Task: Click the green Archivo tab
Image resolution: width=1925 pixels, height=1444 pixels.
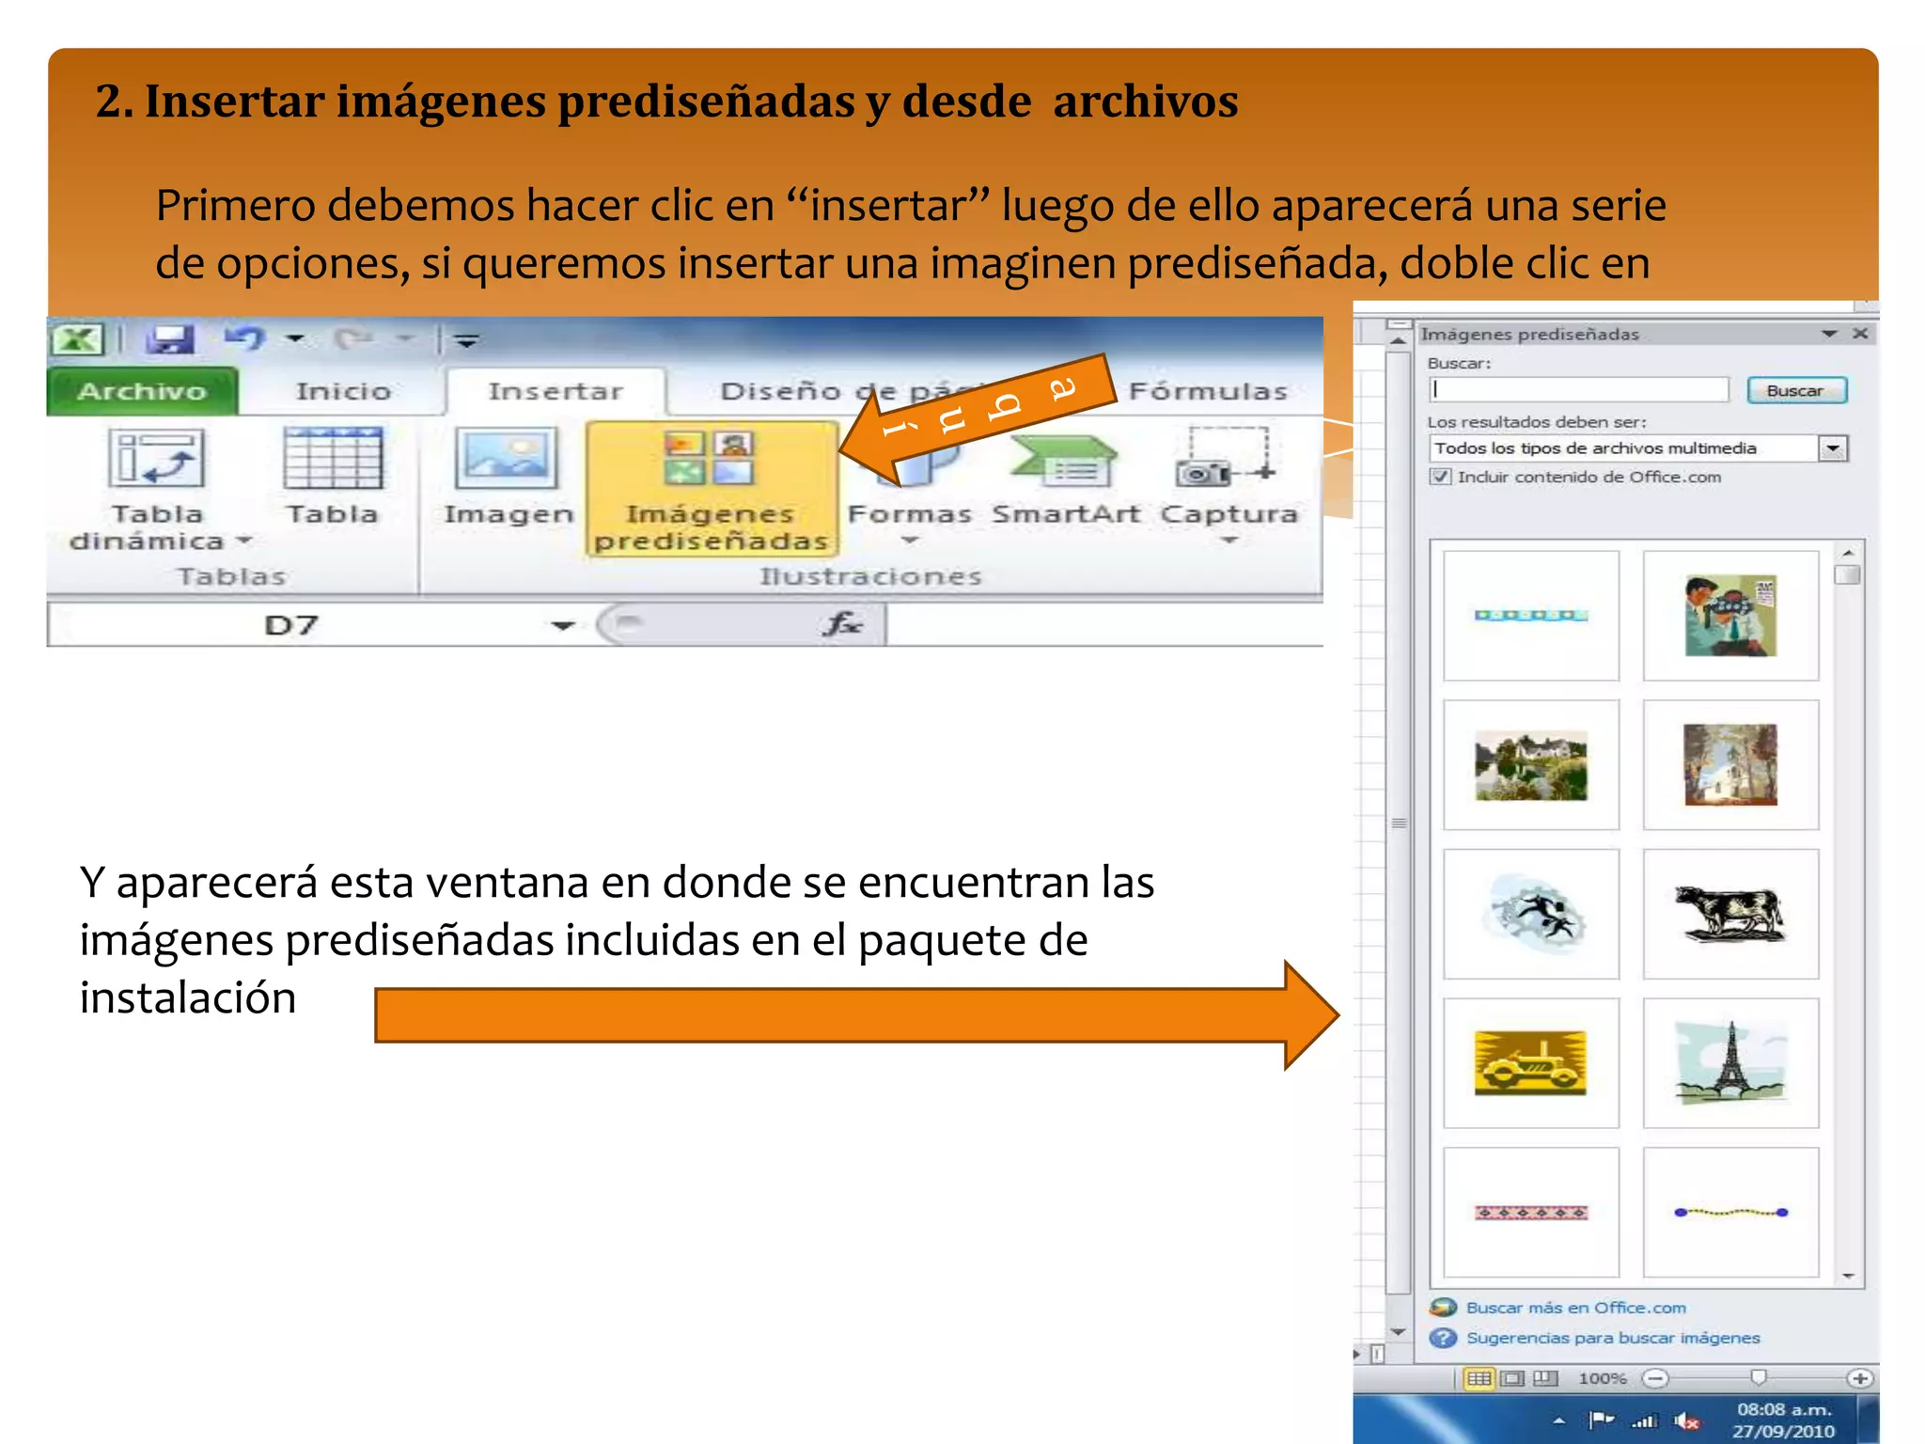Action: pyautogui.click(x=142, y=391)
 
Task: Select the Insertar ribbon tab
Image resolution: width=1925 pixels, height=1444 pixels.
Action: pyautogui.click(x=555, y=391)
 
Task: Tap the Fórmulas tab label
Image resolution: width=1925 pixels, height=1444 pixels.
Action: pyautogui.click(x=1208, y=391)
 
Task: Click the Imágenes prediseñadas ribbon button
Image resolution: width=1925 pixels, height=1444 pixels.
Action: pyautogui.click(x=711, y=489)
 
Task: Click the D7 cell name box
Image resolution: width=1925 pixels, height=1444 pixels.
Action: pyautogui.click(x=291, y=625)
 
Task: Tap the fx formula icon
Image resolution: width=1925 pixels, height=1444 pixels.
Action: pyautogui.click(x=841, y=623)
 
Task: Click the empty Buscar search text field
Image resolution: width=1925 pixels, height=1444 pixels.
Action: pyautogui.click(x=1579, y=390)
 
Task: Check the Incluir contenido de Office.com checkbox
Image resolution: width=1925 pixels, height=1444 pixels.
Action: pyautogui.click(x=1440, y=477)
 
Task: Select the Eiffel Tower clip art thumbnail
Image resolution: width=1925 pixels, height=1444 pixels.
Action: pyautogui.click(x=1730, y=1062)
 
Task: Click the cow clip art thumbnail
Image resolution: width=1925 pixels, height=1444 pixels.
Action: pyautogui.click(x=1730, y=914)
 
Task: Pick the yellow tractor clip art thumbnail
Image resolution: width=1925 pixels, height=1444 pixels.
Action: pyautogui.click(x=1530, y=1062)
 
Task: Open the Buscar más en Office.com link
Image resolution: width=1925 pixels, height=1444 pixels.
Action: pyautogui.click(x=1575, y=1308)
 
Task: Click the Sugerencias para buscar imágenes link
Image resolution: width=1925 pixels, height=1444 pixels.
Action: pyautogui.click(x=1612, y=1338)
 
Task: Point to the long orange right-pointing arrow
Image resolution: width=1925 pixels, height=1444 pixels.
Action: pyautogui.click(x=846, y=1015)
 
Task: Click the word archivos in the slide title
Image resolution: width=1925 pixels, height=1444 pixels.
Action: pyautogui.click(x=1145, y=102)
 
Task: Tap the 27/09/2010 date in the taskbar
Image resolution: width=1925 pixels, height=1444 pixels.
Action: pyautogui.click(x=1783, y=1431)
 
